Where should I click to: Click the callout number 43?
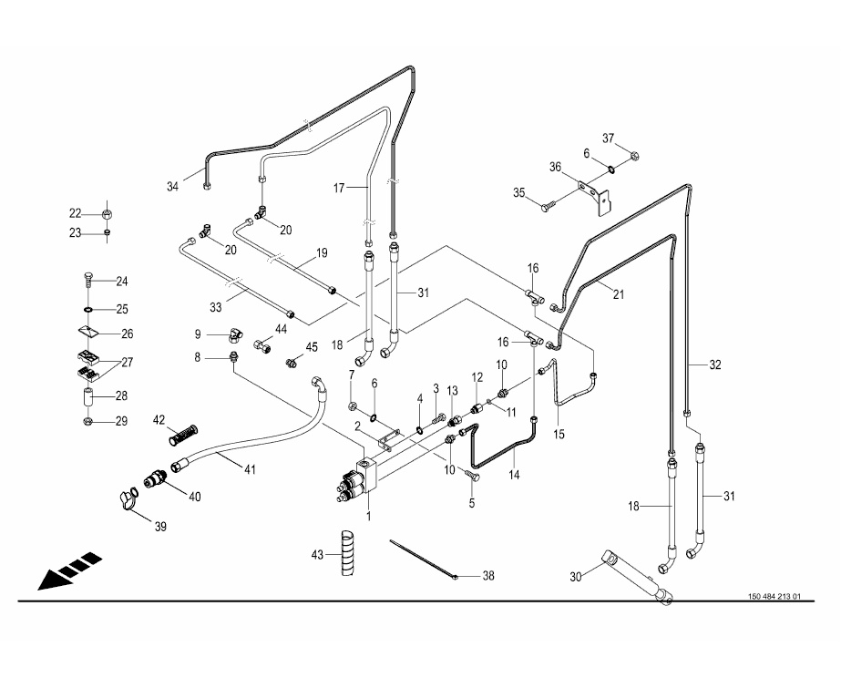click(318, 555)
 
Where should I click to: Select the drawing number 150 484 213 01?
click(774, 597)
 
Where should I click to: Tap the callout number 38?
click(488, 576)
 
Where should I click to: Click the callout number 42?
click(159, 420)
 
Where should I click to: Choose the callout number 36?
click(555, 167)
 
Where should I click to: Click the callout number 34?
click(173, 187)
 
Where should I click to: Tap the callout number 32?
click(715, 365)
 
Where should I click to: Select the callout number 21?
click(620, 293)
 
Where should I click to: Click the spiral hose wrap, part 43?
click(347, 552)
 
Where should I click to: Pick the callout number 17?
click(338, 189)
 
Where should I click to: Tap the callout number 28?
click(122, 396)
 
